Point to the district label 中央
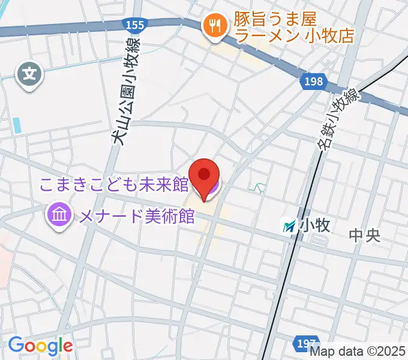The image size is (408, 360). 365,235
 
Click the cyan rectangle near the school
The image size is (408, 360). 16,125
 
